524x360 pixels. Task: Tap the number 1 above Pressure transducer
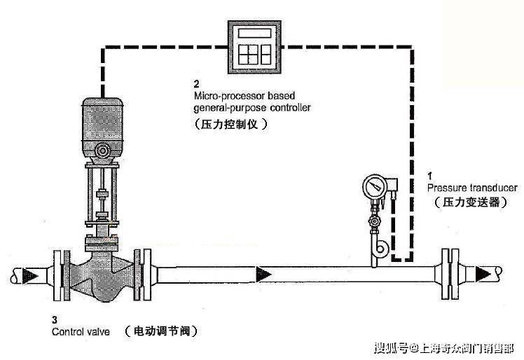[x=430, y=174]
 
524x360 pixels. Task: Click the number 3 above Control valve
[x=55, y=319]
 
